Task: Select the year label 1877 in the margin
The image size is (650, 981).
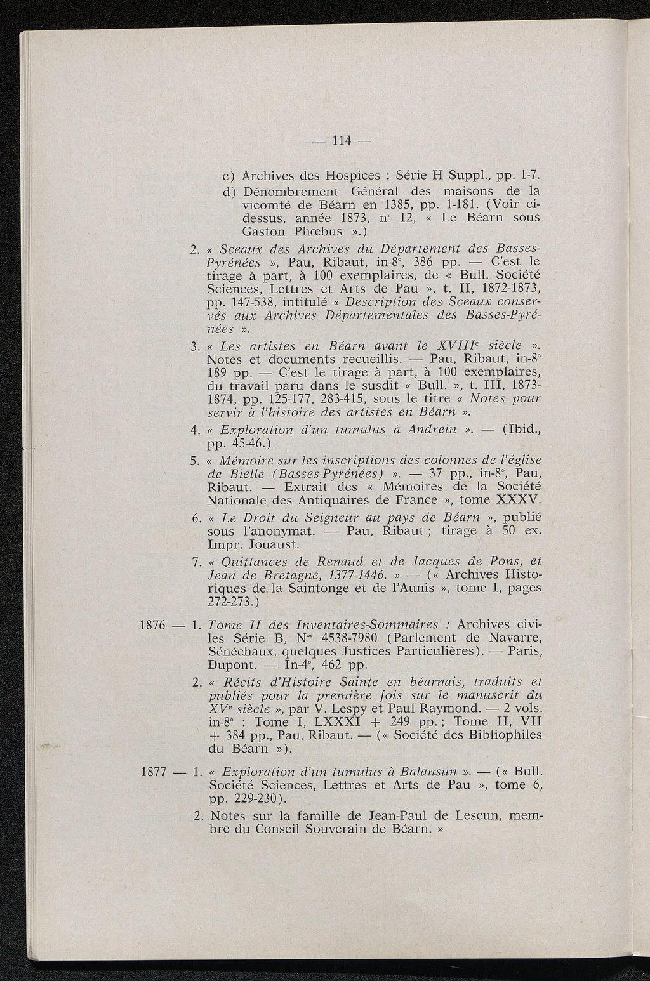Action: click(x=152, y=772)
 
